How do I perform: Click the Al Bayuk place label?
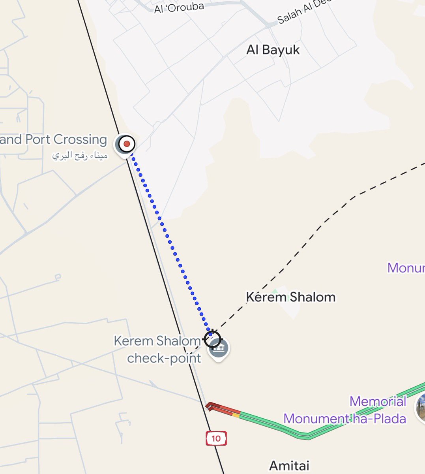pos(273,50)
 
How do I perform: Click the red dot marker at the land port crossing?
pos(127,144)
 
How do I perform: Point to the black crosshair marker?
pos(212,339)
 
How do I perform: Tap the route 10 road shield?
pos(216,438)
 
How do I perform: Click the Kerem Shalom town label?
pos(290,297)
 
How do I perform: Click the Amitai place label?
pos(289,466)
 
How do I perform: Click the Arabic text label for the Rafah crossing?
pos(80,156)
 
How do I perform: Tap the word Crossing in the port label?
pos(80,139)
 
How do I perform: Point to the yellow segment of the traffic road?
pos(236,414)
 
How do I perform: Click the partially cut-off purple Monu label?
pos(406,268)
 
